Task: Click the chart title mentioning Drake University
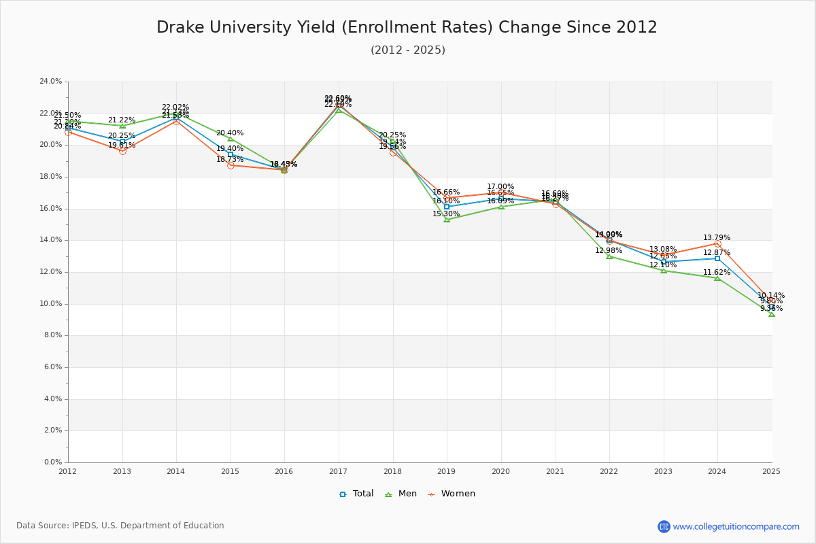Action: pos(407,27)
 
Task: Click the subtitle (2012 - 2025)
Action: pos(407,50)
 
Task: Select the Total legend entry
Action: pos(356,494)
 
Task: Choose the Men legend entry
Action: pos(401,494)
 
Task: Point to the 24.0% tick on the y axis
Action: pos(51,82)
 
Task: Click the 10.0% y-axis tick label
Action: pos(51,304)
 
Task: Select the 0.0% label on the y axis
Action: pos(53,462)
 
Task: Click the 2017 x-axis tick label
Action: pos(338,471)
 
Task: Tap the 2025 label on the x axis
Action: pos(771,471)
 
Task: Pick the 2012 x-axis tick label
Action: pos(68,471)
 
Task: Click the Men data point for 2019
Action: pos(447,220)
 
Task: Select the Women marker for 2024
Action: pos(717,243)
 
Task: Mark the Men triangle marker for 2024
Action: pos(717,278)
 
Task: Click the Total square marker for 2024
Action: pos(717,258)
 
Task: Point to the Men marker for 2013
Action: pos(122,126)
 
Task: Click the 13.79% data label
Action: pos(717,238)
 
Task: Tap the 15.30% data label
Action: pos(446,214)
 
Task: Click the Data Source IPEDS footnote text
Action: pos(120,526)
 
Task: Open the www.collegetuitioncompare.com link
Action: pos(736,526)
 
